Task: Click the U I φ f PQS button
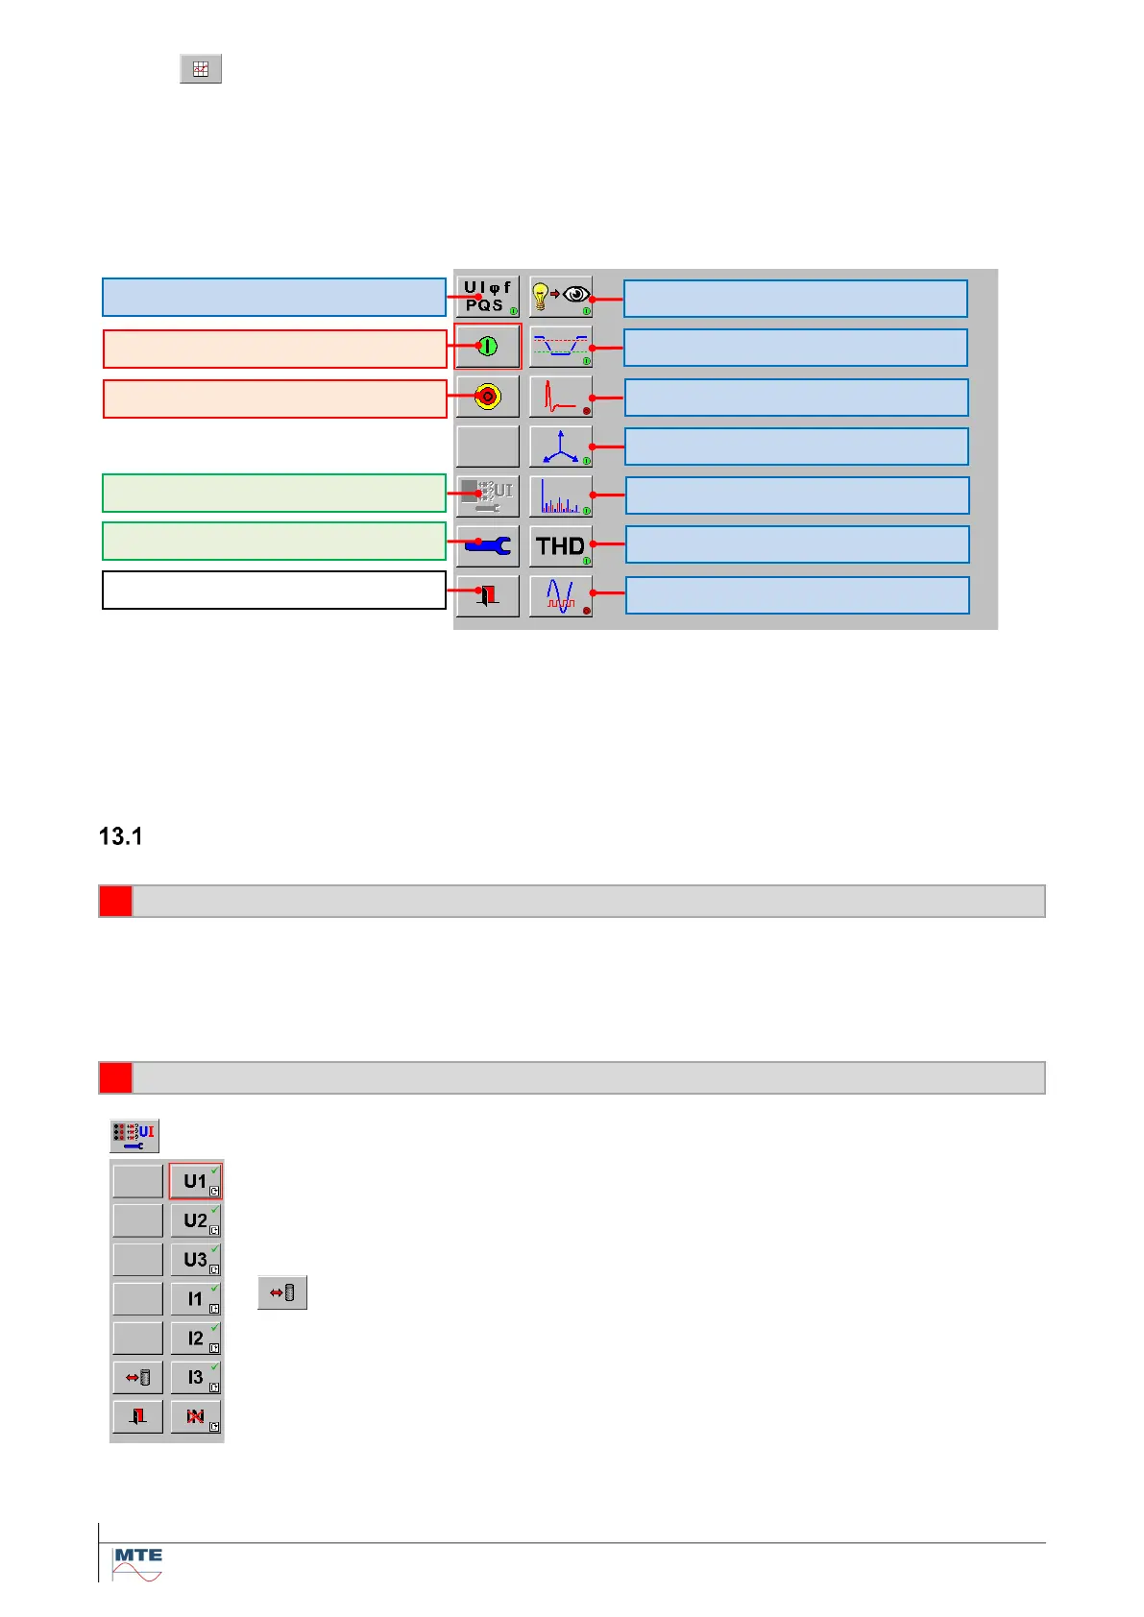pyautogui.click(x=487, y=297)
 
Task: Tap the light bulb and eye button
pyautogui.click(x=561, y=297)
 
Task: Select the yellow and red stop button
pyautogui.click(x=487, y=396)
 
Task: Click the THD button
pyautogui.click(x=561, y=546)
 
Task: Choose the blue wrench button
pyautogui.click(x=487, y=546)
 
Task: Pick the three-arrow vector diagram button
pyautogui.click(x=561, y=446)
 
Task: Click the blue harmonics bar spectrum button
pyautogui.click(x=561, y=496)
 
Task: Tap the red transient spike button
pyautogui.click(x=561, y=396)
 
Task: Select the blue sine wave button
pyautogui.click(x=561, y=596)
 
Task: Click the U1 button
pyautogui.click(x=196, y=1181)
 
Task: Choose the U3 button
pyautogui.click(x=196, y=1260)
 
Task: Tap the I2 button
pyautogui.click(x=196, y=1338)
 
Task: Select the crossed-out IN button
pyautogui.click(x=196, y=1416)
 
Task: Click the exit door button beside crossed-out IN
pyautogui.click(x=138, y=1416)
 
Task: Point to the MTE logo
pyautogui.click(x=138, y=1563)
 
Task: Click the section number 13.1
pyautogui.click(x=121, y=836)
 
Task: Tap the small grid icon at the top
pyautogui.click(x=201, y=69)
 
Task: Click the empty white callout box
pyautogui.click(x=274, y=591)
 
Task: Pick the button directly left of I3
pyautogui.click(x=138, y=1377)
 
